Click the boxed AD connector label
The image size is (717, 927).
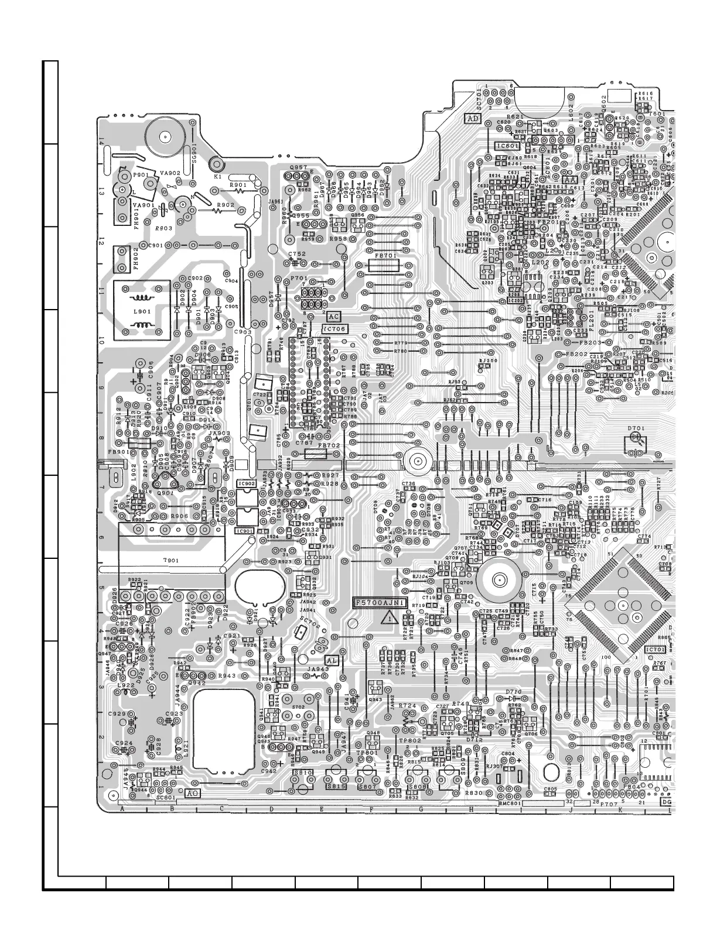coord(473,118)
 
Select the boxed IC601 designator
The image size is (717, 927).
coord(507,146)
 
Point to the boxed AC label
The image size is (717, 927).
coord(333,317)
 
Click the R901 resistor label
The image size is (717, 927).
coord(238,185)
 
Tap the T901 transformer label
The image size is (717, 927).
coord(171,560)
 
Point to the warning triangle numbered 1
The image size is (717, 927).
coord(388,617)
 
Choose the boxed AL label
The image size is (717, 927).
coord(332,660)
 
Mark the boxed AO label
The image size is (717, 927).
coord(192,794)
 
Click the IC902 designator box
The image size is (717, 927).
coord(247,484)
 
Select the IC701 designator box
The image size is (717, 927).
coord(654,650)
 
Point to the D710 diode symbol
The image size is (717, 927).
coord(514,698)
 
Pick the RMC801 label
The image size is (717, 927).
coord(510,804)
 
